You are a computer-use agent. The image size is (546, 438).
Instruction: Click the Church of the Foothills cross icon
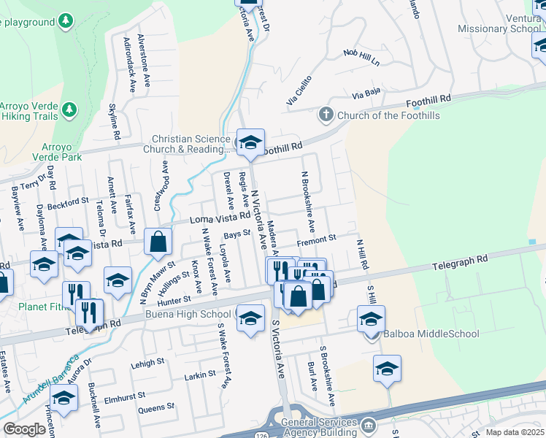326,115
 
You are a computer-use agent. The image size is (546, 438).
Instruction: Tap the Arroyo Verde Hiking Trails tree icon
69,109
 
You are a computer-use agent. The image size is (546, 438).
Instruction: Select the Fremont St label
316,238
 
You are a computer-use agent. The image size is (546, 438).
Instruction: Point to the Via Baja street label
366,93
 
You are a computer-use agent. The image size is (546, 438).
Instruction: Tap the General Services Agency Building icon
369,424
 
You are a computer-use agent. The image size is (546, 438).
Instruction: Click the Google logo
25,429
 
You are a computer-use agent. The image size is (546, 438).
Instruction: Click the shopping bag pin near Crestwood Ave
158,241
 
